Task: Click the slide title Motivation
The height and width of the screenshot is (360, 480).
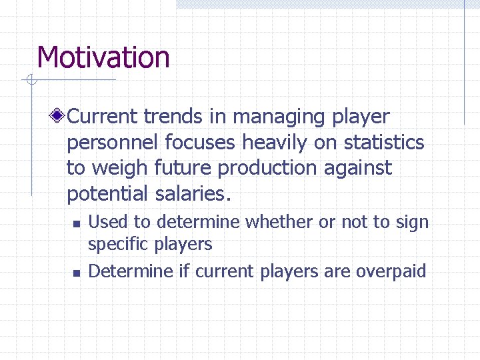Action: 103,57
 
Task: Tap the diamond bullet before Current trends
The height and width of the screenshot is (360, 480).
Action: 59,117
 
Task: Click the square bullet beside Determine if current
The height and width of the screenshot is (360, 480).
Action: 77,273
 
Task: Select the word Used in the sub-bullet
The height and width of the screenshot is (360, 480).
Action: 103,222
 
